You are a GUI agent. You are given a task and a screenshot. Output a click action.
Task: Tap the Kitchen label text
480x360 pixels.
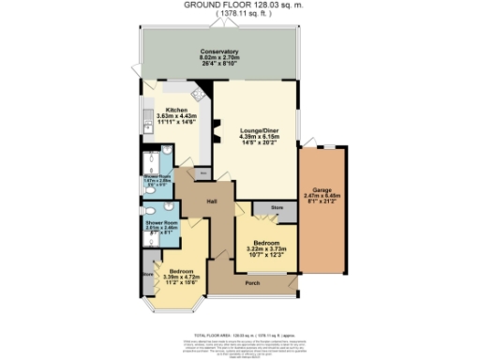pyautogui.click(x=174, y=115)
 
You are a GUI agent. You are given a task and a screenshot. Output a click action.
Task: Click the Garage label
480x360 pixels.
pyautogui.click(x=322, y=193)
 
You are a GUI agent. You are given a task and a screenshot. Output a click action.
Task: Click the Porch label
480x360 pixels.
pyautogui.click(x=252, y=282)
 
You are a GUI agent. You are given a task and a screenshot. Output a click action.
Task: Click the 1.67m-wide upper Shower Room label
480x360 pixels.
pyautogui.click(x=156, y=180)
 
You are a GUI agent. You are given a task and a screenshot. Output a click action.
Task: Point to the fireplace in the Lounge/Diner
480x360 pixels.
pyautogui.click(x=217, y=135)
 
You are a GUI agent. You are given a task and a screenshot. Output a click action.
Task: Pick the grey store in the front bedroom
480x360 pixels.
pyautogui.click(x=147, y=276)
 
